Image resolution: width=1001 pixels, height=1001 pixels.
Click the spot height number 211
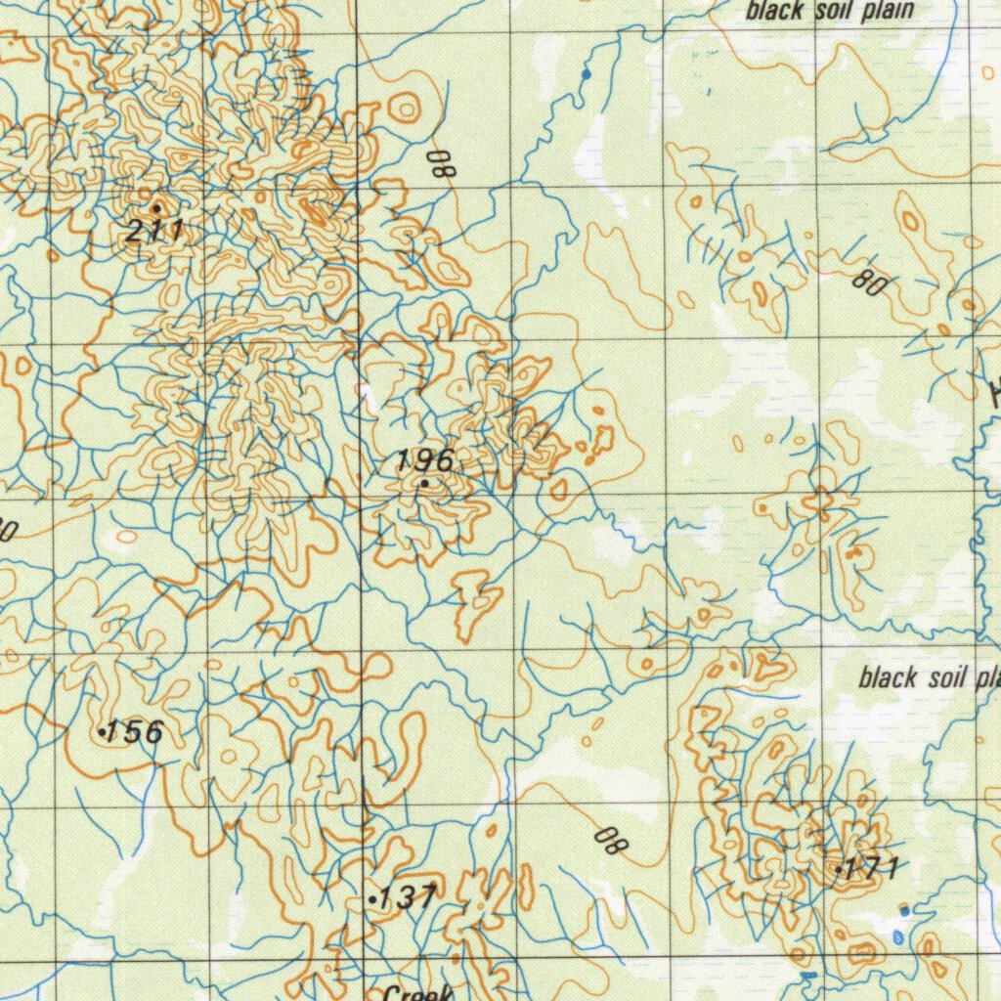(x=154, y=232)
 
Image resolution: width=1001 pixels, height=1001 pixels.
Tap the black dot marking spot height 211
(x=156, y=208)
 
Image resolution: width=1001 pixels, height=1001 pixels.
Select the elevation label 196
(x=425, y=460)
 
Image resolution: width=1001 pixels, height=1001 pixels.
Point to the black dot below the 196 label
(x=425, y=483)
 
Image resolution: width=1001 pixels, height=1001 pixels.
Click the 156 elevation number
(x=135, y=731)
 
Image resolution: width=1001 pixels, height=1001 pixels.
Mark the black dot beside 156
(x=103, y=730)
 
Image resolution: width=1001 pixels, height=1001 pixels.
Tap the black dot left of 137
(x=372, y=896)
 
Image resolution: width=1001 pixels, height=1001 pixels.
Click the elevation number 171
(x=872, y=866)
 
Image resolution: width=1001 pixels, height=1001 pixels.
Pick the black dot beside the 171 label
(x=839, y=867)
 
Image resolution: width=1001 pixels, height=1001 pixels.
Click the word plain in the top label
(x=882, y=11)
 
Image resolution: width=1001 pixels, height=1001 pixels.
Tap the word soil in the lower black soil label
(x=942, y=677)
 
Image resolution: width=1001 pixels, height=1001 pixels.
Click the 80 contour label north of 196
(x=443, y=161)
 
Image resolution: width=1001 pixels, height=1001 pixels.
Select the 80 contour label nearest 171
(x=611, y=839)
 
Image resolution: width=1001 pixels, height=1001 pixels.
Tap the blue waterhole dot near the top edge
(x=587, y=74)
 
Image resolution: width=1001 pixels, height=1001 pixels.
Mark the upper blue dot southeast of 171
(x=904, y=911)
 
